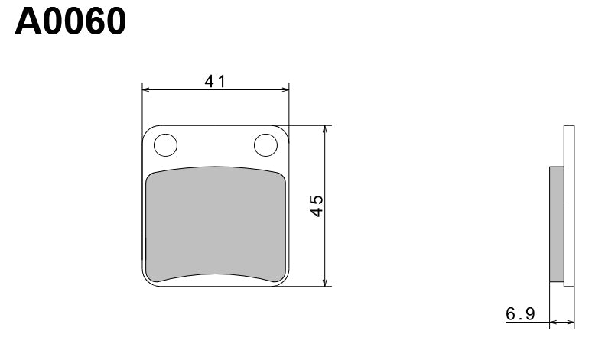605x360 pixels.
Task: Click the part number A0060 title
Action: (70, 22)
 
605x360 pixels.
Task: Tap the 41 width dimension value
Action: (214, 81)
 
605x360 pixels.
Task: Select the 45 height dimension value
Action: (316, 206)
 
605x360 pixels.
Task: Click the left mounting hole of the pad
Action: (165, 144)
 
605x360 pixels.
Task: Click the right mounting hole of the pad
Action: (266, 144)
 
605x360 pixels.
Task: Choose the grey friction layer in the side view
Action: (556, 225)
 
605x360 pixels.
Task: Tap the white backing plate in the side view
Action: (568, 206)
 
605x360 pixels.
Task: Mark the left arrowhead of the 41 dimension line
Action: (147, 90)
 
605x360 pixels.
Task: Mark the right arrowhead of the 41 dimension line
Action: (285, 90)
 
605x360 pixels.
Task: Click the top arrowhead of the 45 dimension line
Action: (326, 130)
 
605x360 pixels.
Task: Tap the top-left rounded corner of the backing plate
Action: (148, 131)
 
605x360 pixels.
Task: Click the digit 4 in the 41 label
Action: (209, 81)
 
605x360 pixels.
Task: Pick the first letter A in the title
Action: (28, 22)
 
